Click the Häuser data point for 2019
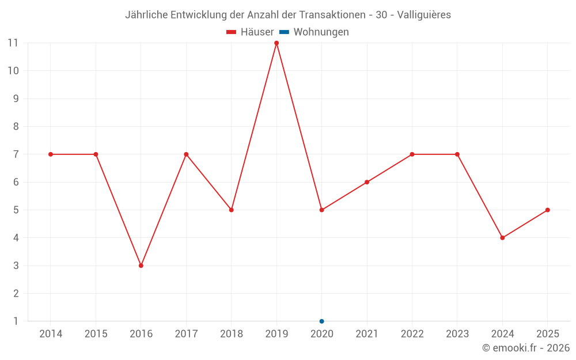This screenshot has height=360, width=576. click(x=276, y=43)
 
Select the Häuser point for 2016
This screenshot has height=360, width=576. click(x=141, y=266)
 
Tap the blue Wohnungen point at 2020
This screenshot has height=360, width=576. click(x=321, y=321)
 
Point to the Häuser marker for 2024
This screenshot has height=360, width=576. click(x=502, y=238)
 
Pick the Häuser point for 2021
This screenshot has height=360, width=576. click(x=367, y=182)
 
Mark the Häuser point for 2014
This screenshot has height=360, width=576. click(x=51, y=154)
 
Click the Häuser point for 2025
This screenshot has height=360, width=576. click(x=547, y=210)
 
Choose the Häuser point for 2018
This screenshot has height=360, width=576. click(x=232, y=210)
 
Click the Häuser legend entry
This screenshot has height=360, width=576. click(x=250, y=32)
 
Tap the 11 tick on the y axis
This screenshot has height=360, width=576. click(x=13, y=43)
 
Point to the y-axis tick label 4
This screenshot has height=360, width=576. click(x=16, y=238)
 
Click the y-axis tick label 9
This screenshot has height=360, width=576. click(x=16, y=98)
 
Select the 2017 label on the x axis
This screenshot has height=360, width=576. click(x=186, y=334)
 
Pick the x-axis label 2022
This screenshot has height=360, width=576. click(x=412, y=334)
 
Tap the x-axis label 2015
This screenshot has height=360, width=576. click(x=96, y=334)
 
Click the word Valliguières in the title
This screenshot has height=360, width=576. click(x=424, y=14)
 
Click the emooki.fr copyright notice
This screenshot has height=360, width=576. click(x=525, y=348)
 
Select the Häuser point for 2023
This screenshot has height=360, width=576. click(x=457, y=154)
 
